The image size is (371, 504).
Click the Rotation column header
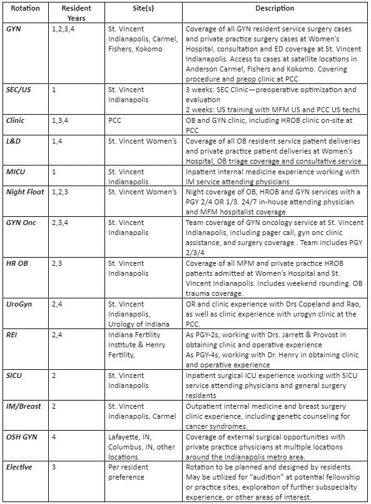(21, 9)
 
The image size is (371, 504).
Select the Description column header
(275, 9)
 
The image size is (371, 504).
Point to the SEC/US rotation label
(19, 90)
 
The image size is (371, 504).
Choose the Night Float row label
(25, 191)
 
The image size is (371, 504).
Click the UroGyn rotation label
(18, 303)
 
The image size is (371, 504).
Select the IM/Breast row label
(23, 406)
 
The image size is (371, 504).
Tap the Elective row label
(19, 467)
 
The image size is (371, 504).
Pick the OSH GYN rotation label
(21, 437)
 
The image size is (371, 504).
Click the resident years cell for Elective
(54, 467)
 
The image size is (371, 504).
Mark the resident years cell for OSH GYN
(54, 437)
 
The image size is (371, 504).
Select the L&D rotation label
(14, 141)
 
